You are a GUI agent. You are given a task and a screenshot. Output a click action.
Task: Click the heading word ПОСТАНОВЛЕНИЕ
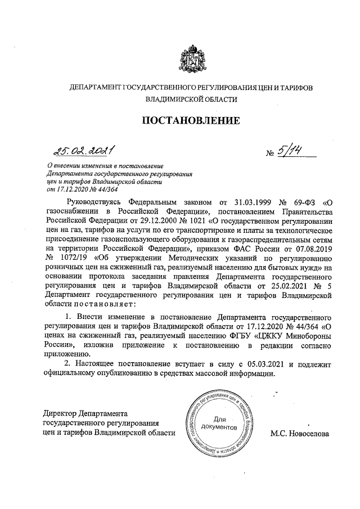click(x=190, y=120)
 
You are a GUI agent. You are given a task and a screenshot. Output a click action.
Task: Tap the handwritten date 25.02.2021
click(x=82, y=150)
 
